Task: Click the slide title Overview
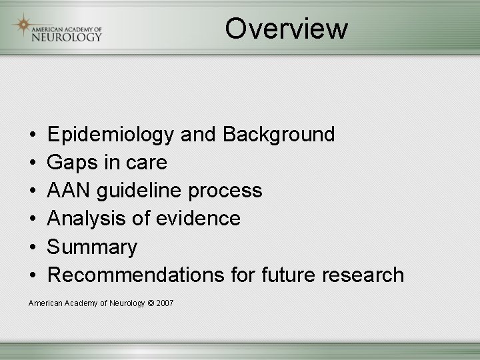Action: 286,29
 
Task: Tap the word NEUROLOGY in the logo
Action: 67,37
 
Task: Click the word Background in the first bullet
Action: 279,134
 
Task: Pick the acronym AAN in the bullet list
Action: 69,191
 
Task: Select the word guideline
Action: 139,191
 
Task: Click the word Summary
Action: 92,247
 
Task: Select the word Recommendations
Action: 126,275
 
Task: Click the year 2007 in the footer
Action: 165,303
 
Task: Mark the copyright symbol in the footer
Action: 150,303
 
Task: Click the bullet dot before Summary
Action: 33,247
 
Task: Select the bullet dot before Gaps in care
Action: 33,163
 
